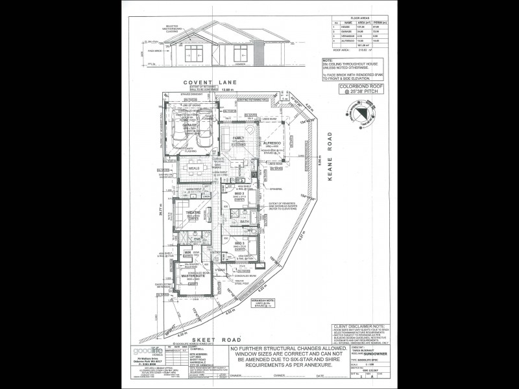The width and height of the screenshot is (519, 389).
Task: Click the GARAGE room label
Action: [189, 126]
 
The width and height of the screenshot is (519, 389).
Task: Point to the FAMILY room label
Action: [239, 138]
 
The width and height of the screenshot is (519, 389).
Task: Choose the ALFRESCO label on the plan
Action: [271, 141]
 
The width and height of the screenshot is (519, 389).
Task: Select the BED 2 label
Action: [239, 193]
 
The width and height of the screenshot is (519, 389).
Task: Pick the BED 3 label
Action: [239, 242]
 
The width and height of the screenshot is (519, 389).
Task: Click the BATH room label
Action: [245, 222]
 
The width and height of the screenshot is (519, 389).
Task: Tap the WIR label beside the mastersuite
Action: [187, 252]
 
